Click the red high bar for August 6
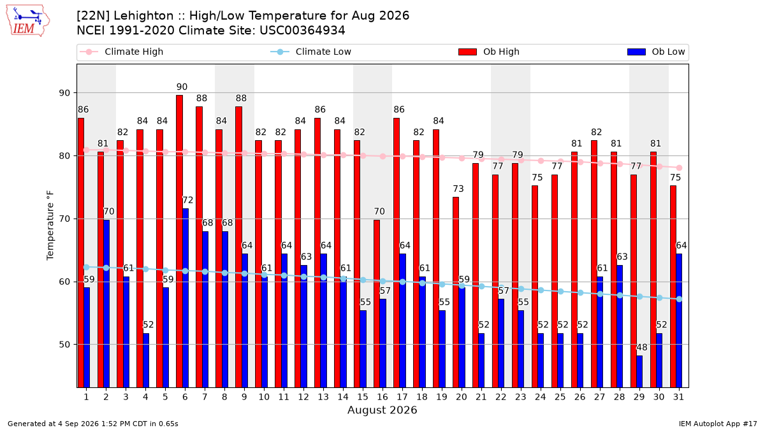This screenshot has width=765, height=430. pos(179,241)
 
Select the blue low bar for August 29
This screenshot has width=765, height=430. pos(639,371)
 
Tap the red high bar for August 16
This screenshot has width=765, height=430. pos(377,304)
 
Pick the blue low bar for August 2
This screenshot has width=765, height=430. pos(106,304)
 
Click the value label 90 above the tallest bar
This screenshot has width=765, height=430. pos(182,87)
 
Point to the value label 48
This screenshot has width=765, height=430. pos(642,347)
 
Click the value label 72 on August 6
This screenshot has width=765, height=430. pos(188,200)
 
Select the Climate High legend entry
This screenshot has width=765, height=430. pos(122,52)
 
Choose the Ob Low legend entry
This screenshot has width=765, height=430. pos(656,52)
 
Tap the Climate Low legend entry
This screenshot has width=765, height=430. pos(311,52)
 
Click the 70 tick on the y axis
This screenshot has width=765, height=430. pos(64,219)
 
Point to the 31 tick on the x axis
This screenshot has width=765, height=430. pos(678,397)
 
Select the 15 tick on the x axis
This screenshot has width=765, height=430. pos(363,397)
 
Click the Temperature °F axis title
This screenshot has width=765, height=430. pos(50,226)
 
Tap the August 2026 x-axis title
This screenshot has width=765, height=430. pos(382,410)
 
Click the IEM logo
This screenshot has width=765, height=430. pos(28,20)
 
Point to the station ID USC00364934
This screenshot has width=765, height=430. pos(302,31)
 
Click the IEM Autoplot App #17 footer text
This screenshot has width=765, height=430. pos(718,424)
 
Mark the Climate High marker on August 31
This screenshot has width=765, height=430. pos(680,168)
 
